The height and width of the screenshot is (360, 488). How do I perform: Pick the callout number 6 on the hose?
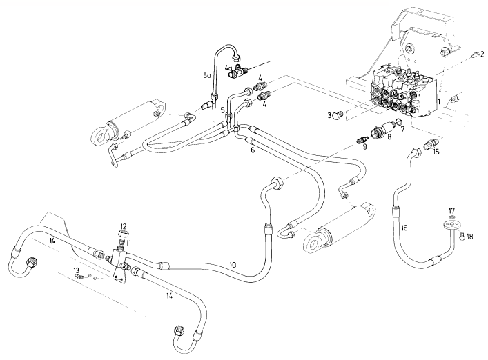[x=252, y=150]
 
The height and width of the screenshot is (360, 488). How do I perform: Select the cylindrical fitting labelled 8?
[x=382, y=130]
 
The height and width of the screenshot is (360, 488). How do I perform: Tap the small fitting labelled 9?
[x=360, y=140]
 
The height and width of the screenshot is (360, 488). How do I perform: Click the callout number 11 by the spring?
[x=128, y=243]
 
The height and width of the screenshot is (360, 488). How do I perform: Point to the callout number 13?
[x=77, y=270]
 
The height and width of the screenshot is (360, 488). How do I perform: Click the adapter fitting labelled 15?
[x=427, y=147]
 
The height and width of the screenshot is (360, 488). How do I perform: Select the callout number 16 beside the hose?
[x=404, y=226]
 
